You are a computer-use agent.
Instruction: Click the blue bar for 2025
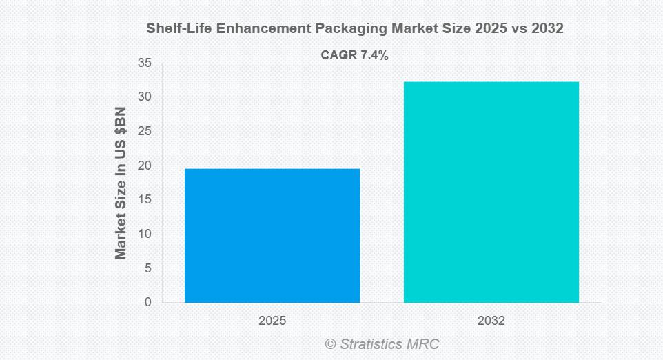pos(272,235)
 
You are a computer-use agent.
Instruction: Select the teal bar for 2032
pos(491,192)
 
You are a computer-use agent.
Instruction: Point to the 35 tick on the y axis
pos(144,63)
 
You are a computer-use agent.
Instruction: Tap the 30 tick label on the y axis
pos(144,97)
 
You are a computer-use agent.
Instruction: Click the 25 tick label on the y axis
pos(144,131)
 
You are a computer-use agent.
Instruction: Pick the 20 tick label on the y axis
pos(144,166)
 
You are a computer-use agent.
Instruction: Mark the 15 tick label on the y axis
pos(144,200)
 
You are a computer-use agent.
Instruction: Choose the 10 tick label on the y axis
pos(144,234)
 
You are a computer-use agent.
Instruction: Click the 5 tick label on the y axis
pos(147,268)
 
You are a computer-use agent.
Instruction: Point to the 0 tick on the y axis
pos(147,302)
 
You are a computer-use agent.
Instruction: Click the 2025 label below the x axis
pos(272,321)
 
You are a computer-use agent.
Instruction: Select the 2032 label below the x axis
pos(491,321)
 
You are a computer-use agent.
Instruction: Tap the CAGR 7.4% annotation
pos(355,56)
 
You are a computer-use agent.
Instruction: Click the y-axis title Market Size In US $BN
pos(121,183)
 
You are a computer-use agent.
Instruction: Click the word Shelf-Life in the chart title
pos(174,29)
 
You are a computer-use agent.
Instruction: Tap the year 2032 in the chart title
pos(548,29)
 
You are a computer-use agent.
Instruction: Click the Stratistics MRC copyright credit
pos(382,343)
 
